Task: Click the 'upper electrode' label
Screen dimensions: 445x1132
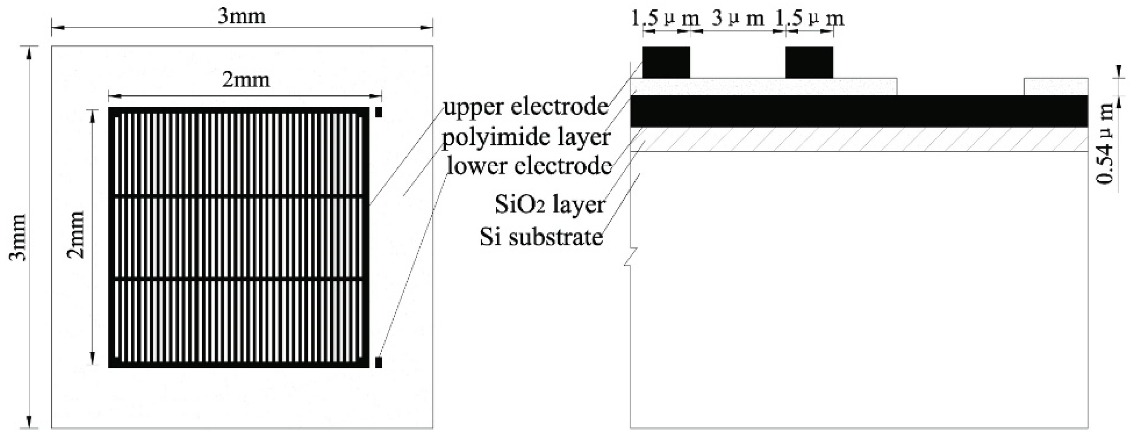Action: [x=525, y=107]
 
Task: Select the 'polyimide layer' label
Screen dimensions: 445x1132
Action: [x=526, y=137]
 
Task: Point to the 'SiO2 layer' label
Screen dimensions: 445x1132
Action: [x=550, y=205]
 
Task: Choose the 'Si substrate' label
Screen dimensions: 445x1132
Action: [x=541, y=237]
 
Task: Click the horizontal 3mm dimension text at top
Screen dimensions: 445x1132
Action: [x=242, y=17]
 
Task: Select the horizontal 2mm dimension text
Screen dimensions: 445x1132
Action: [x=246, y=80]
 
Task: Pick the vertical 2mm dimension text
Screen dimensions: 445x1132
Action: [x=75, y=234]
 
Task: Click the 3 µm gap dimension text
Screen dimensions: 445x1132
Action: [x=738, y=18]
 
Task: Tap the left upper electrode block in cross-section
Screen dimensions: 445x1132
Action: [x=666, y=62]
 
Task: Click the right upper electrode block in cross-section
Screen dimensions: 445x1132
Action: [x=809, y=62]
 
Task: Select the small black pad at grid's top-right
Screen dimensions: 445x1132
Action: [x=379, y=112]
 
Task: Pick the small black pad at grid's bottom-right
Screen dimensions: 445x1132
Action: [x=379, y=362]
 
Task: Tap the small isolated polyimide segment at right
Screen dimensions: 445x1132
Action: [x=1055, y=86]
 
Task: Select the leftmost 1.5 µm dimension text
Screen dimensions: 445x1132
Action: [x=665, y=18]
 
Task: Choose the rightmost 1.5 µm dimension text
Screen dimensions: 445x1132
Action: [x=809, y=18]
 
